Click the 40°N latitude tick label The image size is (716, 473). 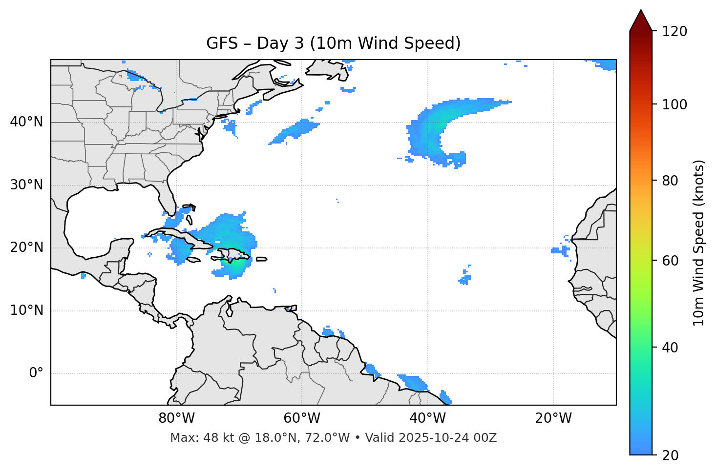point(26,122)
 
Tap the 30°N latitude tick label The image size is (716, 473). point(26,185)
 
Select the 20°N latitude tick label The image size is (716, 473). point(26,247)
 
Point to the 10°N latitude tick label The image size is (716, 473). point(26,310)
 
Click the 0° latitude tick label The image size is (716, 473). point(36,373)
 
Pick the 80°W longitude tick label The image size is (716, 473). point(176,418)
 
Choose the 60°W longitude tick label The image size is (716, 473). point(302,418)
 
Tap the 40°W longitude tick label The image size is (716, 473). point(427,418)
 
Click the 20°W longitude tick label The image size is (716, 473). point(553,418)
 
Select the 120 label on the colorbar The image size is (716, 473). point(674,31)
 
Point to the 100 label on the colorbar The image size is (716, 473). point(674,104)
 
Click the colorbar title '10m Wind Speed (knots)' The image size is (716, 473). point(699,243)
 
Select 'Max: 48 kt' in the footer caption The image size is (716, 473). point(193,438)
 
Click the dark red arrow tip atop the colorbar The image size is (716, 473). point(641,20)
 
